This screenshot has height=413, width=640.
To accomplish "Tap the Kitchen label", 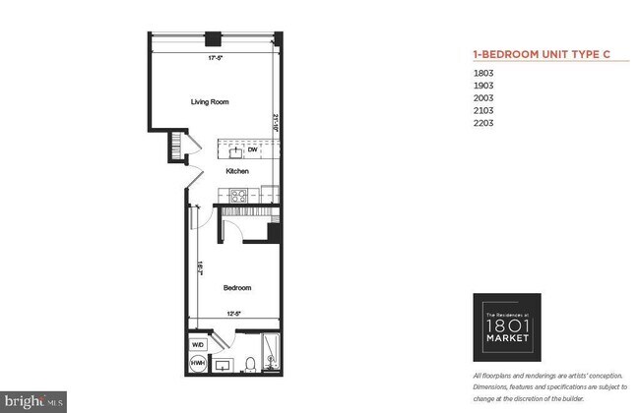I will tap(237, 171).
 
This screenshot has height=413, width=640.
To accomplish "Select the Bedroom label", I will tap(237, 288).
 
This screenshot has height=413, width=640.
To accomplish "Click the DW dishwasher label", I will tap(252, 150).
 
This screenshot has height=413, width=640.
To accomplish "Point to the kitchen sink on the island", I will tap(235, 150).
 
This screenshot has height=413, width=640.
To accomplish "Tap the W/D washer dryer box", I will tap(199, 344).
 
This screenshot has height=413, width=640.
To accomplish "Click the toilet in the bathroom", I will tap(250, 365).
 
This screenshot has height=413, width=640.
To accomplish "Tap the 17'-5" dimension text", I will tap(214, 58).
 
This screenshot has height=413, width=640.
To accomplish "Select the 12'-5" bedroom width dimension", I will tap(232, 315).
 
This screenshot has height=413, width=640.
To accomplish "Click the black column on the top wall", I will tap(211, 40).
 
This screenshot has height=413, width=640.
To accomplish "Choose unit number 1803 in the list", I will tap(482, 73).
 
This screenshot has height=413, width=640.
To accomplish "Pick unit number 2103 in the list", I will tap(482, 111).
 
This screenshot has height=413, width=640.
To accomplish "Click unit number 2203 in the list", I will tap(482, 124).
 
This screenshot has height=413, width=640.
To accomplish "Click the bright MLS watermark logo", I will tap(33, 402).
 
